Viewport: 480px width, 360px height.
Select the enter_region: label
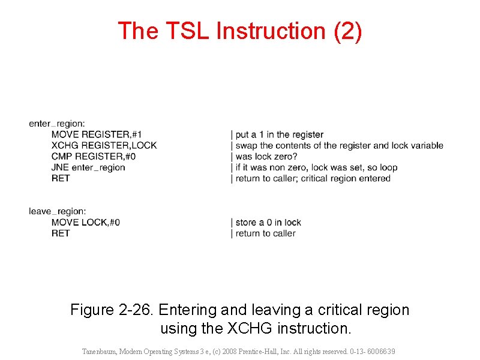pyautogui.click(x=57, y=124)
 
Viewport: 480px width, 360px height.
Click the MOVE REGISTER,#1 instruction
pyautogui.click(x=97, y=134)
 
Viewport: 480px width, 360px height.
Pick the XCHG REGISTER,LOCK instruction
pyautogui.click(x=104, y=145)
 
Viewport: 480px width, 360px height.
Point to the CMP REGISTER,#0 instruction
pyautogui.click(x=94, y=156)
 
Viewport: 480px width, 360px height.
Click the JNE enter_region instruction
pyautogui.click(x=88, y=167)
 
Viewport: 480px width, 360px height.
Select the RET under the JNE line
pyautogui.click(x=61, y=178)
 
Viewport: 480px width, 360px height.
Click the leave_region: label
pyautogui.click(x=58, y=211)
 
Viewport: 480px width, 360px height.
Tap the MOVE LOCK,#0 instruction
pyautogui.click(x=86, y=222)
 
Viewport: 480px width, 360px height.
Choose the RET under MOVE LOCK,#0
pyautogui.click(x=61, y=233)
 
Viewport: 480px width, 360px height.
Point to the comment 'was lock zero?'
pyautogui.click(x=266, y=156)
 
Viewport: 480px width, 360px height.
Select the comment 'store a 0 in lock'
pyautogui.click(x=268, y=222)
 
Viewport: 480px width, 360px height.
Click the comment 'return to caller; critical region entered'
pyautogui.click(x=313, y=178)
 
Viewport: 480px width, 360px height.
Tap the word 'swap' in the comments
pyautogui.click(x=246, y=145)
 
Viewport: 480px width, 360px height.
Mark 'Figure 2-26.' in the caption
pyautogui.click(x=110, y=310)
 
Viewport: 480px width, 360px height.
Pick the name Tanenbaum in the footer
pyautogui.click(x=101, y=352)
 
